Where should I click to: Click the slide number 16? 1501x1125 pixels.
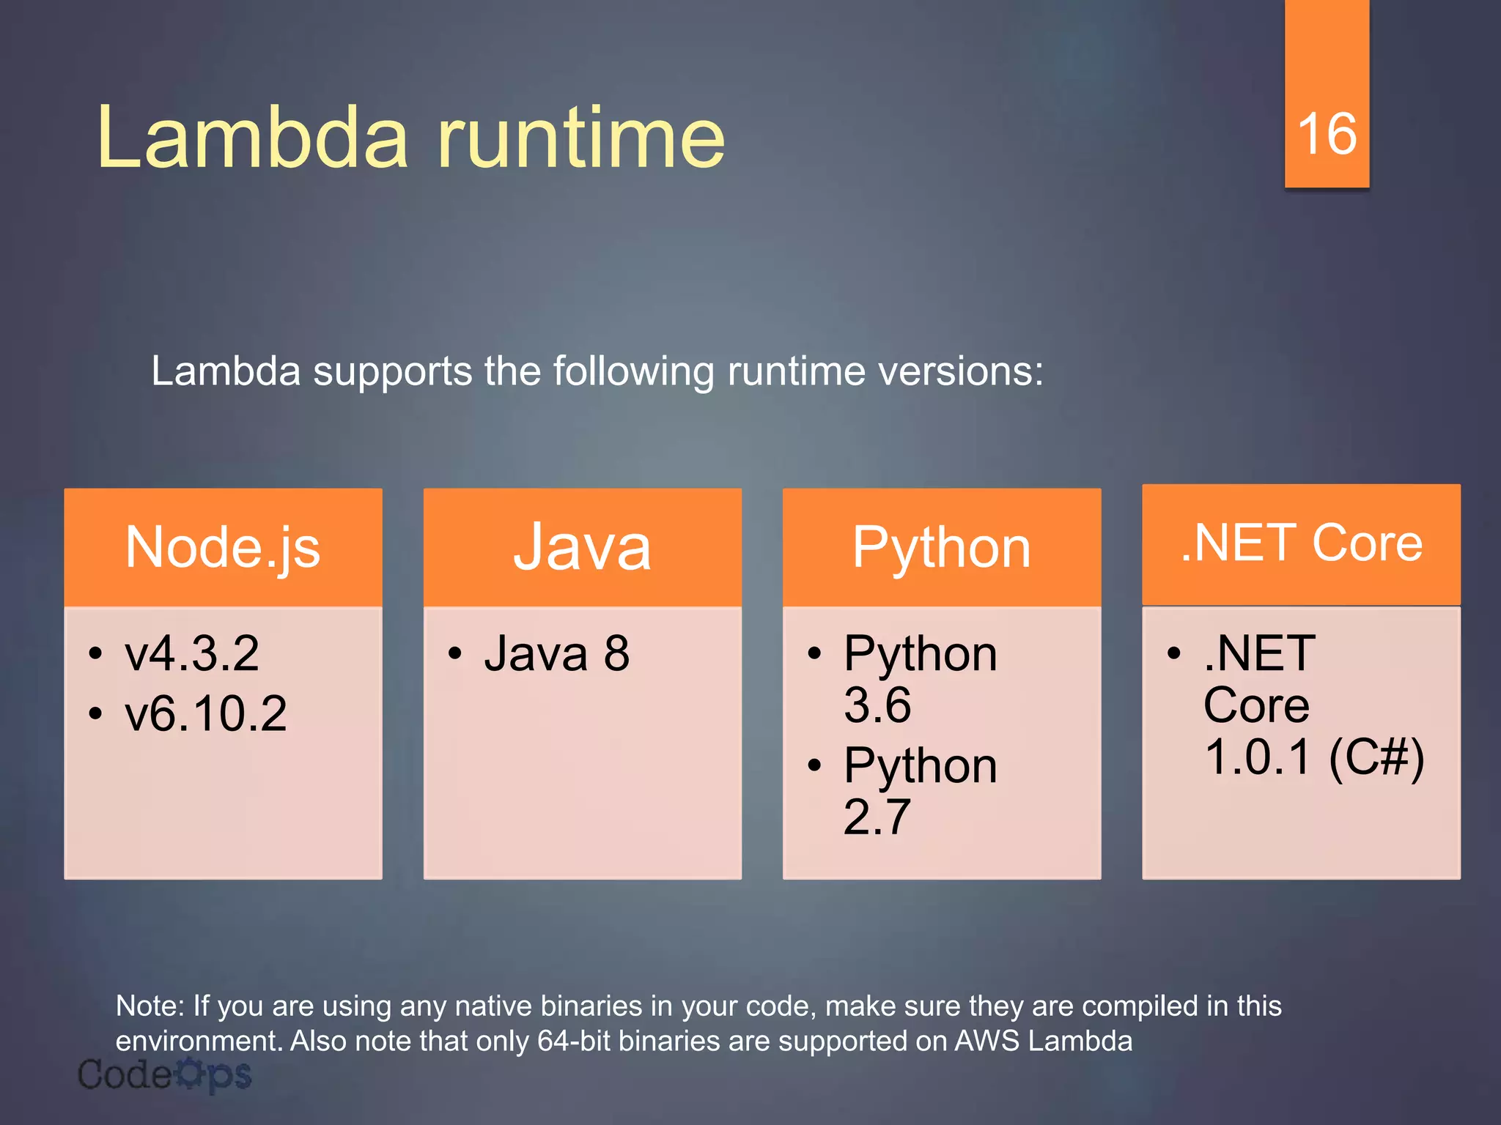tap(1327, 135)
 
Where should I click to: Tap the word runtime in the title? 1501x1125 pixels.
tap(580, 138)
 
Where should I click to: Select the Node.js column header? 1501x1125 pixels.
tap(223, 547)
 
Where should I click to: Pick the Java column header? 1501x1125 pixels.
tap(582, 547)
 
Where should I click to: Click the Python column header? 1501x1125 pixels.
tap(941, 547)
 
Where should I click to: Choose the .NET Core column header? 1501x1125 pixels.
tap(1301, 543)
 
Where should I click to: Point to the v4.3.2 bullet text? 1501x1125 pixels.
tap(192, 653)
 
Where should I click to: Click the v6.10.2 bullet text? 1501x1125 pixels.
tap(206, 713)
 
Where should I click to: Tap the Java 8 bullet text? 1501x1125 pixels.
tap(556, 653)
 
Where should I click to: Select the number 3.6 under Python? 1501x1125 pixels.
tap(877, 705)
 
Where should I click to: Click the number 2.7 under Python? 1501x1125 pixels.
tap(877, 817)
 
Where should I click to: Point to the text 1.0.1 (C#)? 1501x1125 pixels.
tap(1314, 757)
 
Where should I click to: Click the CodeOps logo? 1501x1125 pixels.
tap(164, 1075)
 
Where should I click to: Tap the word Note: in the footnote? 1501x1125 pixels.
tap(150, 1006)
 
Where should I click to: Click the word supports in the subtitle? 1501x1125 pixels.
tap(393, 371)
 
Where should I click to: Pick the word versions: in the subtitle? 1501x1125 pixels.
tap(960, 371)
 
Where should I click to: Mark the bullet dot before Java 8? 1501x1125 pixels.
tap(454, 653)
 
